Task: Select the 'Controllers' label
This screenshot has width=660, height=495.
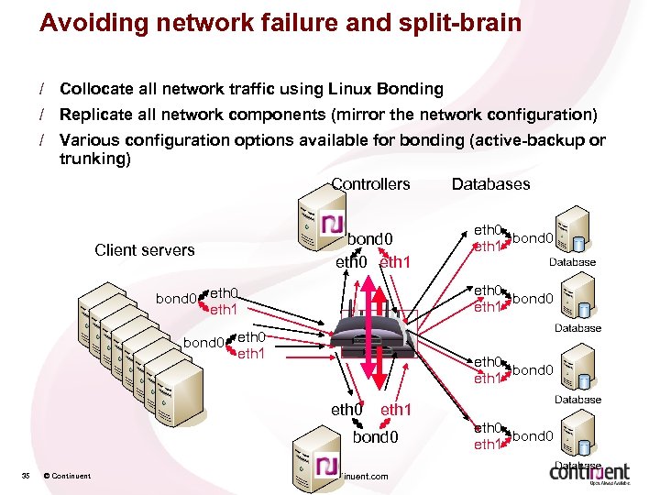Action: coord(370,184)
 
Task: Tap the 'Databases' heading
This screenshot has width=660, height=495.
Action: coord(490,184)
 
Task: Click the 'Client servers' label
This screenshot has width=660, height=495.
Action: coord(145,250)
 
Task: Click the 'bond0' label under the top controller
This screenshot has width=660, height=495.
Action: coord(372,239)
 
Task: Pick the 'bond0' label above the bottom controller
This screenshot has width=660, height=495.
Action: coord(376,437)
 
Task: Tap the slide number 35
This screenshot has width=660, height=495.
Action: coord(26,475)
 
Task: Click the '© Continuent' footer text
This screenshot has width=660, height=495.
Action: coord(66,475)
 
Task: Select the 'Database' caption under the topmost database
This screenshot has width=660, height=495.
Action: coord(572,262)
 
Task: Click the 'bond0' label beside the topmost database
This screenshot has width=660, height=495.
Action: coord(532,238)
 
